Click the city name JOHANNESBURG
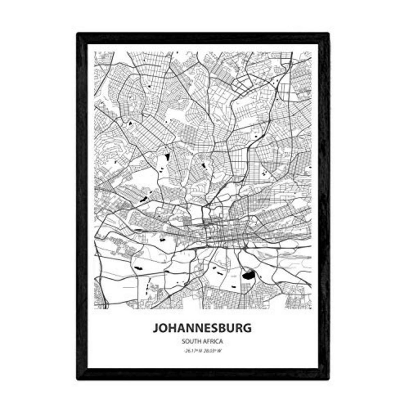[x=202, y=328]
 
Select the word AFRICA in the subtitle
[x=213, y=341]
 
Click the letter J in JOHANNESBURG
[x=155, y=328]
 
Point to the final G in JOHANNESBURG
[x=247, y=328]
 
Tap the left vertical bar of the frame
[x=82, y=204]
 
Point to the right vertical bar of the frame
[x=324, y=204]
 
